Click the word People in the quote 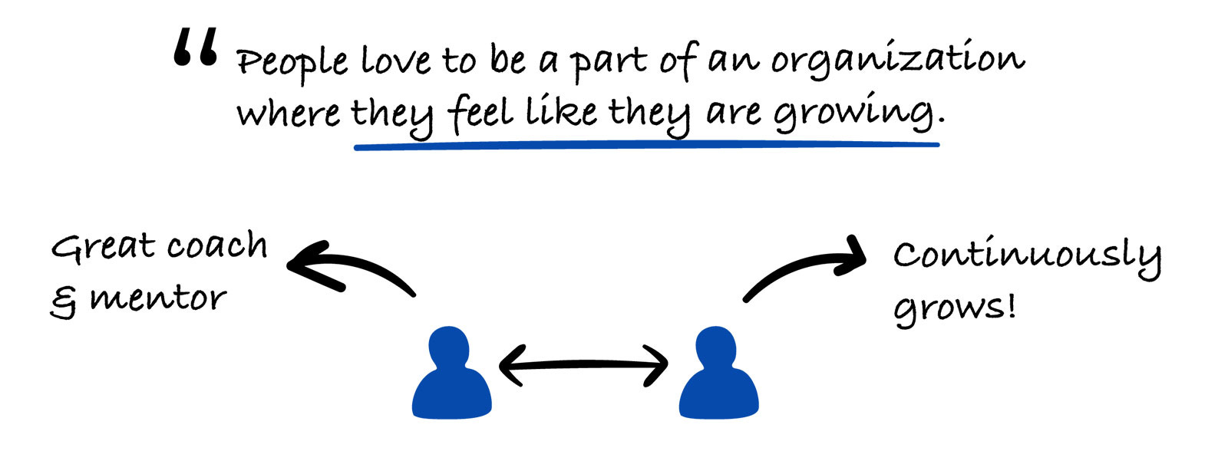click(x=292, y=61)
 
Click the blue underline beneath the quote click(x=646, y=144)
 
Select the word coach click(x=217, y=246)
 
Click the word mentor click(x=158, y=298)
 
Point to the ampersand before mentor click(x=64, y=301)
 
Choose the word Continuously click(x=1026, y=255)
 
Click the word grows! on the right click(x=955, y=308)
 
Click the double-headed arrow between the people click(x=583, y=365)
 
